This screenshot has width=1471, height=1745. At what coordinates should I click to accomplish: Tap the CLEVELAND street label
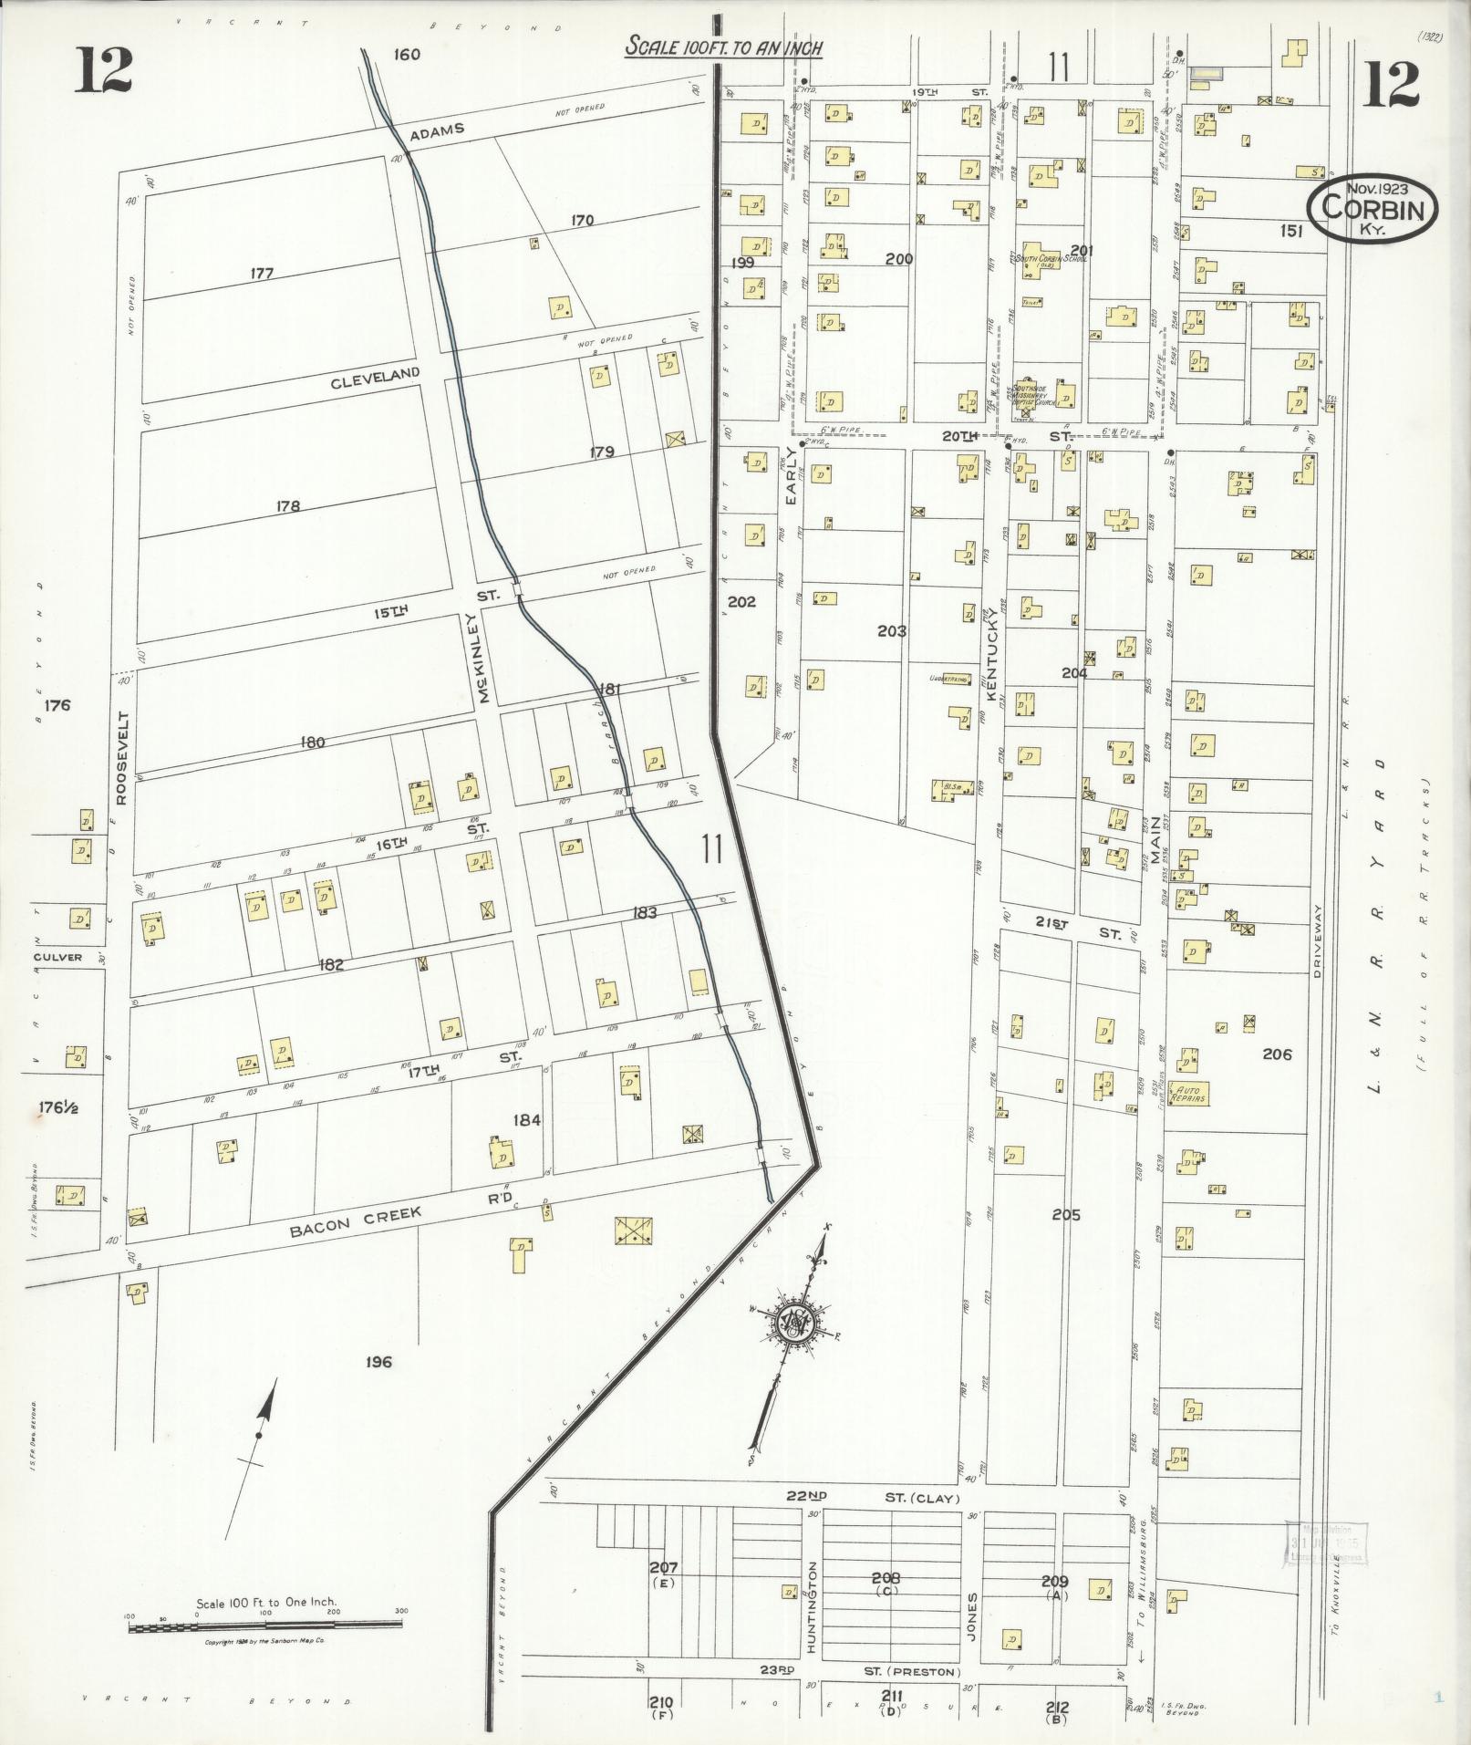[x=375, y=375]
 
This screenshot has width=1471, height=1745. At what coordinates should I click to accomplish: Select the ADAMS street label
[x=436, y=130]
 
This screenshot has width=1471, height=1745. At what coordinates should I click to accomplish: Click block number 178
[x=287, y=505]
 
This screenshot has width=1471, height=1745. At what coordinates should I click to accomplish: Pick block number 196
[x=378, y=1362]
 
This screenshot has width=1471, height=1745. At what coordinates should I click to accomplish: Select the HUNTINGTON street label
[x=813, y=1605]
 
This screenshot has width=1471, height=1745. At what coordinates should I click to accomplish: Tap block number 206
[x=1276, y=1054]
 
